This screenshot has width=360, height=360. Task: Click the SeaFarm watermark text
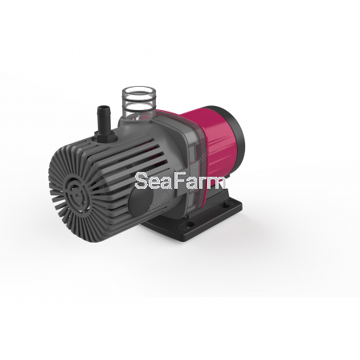(x=180, y=181)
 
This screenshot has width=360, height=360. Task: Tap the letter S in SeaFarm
(x=141, y=181)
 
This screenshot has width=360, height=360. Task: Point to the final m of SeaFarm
(x=219, y=183)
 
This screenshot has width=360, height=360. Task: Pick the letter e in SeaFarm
(x=155, y=183)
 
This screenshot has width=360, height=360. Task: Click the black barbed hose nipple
(x=104, y=119)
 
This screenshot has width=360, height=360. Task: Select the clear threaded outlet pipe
(x=137, y=102)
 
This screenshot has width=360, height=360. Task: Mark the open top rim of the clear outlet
(x=139, y=92)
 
